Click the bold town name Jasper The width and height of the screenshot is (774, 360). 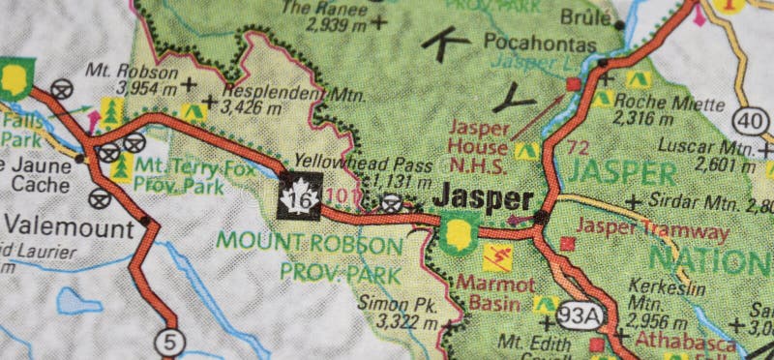pyautogui.click(x=483, y=198)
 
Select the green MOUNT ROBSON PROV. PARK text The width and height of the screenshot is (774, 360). pyautogui.click(x=310, y=256)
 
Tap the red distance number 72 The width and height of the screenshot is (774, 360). pyautogui.click(x=579, y=147)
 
